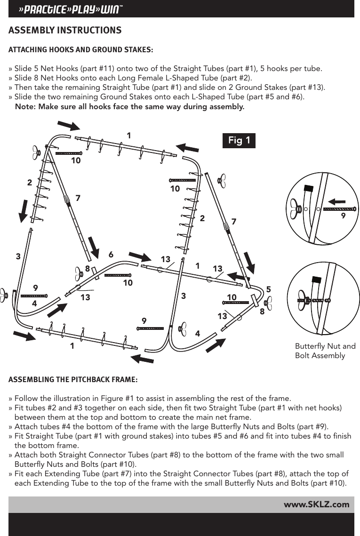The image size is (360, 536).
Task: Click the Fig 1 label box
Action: point(239,140)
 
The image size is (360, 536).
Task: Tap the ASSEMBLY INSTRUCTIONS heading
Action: point(65,31)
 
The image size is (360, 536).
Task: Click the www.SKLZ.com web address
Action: point(316,504)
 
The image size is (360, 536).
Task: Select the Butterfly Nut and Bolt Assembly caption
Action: point(325,351)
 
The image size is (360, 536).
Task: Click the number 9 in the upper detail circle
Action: point(343,216)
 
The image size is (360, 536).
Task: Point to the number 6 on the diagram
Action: point(111,254)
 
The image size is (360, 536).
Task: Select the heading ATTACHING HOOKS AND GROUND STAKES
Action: point(80,49)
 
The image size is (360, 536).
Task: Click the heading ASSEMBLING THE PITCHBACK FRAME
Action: point(73,379)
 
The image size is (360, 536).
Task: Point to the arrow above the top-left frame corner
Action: point(68,125)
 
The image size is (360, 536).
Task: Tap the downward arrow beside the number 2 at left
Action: point(22,209)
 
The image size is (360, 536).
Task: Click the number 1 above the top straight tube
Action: point(128,136)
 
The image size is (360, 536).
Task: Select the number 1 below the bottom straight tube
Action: point(72,346)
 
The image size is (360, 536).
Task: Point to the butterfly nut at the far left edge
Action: point(3,296)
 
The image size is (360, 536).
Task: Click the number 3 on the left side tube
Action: point(18,256)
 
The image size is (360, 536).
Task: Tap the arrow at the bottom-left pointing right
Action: point(24,335)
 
